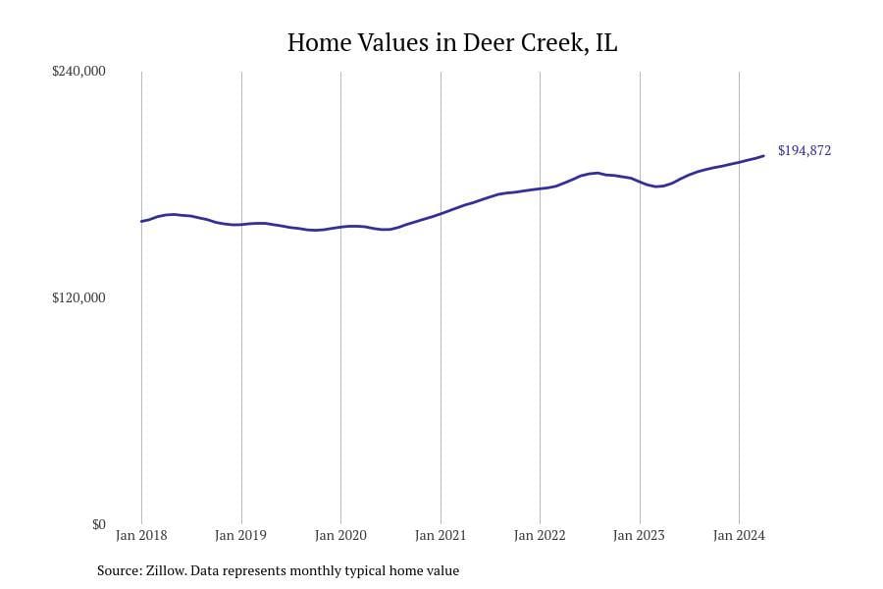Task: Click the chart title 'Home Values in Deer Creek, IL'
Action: [x=452, y=43]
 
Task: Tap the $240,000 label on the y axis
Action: [x=78, y=71]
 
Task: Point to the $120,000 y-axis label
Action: [x=78, y=297]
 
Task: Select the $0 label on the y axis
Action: [x=98, y=524]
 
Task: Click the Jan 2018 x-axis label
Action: [x=141, y=536]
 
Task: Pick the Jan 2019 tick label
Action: [x=241, y=536]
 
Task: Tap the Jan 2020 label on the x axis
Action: [x=340, y=536]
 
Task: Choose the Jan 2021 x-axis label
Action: [x=441, y=536]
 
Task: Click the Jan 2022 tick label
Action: [x=540, y=536]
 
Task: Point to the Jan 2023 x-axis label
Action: [x=639, y=536]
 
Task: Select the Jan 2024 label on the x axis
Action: [x=739, y=536]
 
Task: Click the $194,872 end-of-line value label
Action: [x=805, y=151]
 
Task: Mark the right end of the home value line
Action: [x=763, y=156]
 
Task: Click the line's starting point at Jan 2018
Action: [x=141, y=221]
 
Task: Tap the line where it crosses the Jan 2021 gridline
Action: [x=441, y=213]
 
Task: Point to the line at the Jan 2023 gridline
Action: [x=640, y=182]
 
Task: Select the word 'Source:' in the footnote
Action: [x=119, y=570]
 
